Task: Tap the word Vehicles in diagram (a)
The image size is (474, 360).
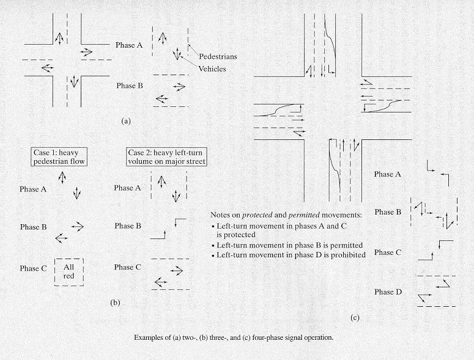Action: (212, 69)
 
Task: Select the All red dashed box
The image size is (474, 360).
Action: (69, 271)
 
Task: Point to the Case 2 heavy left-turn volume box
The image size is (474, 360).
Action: (161, 156)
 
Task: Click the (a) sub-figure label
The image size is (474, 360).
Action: (126, 121)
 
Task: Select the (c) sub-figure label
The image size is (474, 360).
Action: (355, 318)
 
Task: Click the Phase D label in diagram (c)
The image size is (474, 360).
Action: (388, 292)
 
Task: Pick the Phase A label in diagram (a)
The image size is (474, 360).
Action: (130, 45)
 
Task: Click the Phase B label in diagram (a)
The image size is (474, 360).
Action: (130, 86)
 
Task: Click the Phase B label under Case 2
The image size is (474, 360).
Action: (128, 226)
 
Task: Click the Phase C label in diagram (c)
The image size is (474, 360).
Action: (388, 252)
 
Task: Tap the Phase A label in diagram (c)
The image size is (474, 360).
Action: (388, 174)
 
